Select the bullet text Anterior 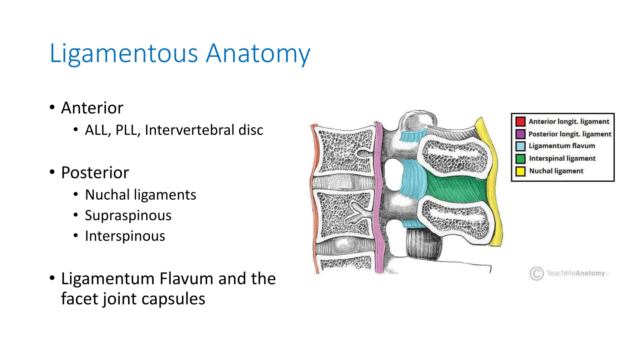click(x=92, y=108)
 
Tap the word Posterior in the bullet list click(x=95, y=173)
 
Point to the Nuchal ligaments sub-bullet click(x=140, y=195)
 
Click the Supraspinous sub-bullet click(x=128, y=216)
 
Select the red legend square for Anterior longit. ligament click(x=520, y=122)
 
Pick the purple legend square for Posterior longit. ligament click(x=520, y=134)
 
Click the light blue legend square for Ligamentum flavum click(x=520, y=146)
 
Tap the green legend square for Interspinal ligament click(x=520, y=159)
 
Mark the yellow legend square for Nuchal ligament click(x=520, y=171)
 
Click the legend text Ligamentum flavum click(x=562, y=146)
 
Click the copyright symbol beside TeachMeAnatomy click(x=537, y=274)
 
